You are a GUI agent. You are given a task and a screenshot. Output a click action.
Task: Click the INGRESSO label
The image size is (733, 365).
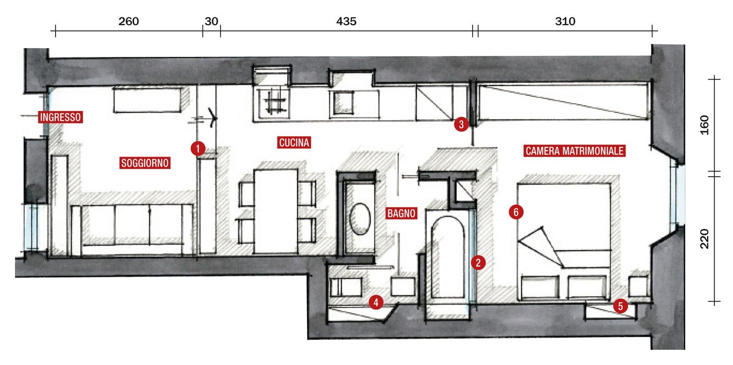(60, 117)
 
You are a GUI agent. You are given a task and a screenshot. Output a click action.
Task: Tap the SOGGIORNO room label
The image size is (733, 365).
(145, 163)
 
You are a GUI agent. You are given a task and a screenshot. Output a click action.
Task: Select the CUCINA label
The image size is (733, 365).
(294, 142)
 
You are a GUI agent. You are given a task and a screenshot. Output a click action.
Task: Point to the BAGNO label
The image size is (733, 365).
(401, 213)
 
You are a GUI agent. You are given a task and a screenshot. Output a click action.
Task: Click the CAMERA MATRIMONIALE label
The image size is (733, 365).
(574, 151)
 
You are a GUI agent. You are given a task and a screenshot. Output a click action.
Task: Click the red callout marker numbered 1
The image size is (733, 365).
(198, 149)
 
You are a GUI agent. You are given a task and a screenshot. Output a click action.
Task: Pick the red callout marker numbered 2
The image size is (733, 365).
(478, 262)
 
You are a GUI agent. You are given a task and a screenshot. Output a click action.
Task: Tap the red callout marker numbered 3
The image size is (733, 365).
(461, 124)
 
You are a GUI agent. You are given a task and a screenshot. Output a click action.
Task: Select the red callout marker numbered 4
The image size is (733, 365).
(376, 303)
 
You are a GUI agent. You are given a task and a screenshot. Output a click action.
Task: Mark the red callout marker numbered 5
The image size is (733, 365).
(620, 306)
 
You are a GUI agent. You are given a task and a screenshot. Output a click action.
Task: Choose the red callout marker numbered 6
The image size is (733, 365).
(516, 212)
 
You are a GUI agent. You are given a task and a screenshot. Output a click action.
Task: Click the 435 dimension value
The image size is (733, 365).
(346, 22)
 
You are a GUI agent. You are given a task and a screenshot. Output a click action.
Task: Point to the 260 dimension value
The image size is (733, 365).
(129, 22)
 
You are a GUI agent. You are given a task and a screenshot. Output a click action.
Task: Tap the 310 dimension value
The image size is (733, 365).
(565, 22)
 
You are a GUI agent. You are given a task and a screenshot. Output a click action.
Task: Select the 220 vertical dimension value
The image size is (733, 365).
(705, 239)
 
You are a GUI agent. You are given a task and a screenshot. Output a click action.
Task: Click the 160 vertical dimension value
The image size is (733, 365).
(705, 125)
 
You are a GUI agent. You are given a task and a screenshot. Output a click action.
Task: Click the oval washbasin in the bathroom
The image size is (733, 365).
(360, 218)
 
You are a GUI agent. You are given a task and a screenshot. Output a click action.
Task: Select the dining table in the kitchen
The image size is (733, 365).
(275, 211)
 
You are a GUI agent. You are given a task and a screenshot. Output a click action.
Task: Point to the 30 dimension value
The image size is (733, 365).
(211, 22)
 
